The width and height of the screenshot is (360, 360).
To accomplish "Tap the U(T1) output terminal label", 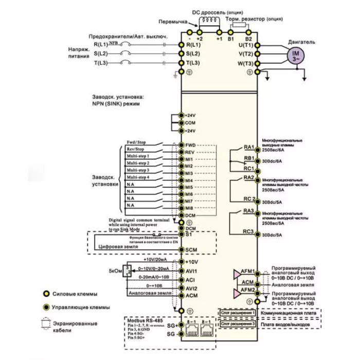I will pyautogui.click(x=245, y=45).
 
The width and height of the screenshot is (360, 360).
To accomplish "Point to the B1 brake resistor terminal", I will pyautogui.click(x=231, y=39).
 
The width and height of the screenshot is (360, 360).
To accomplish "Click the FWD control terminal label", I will pyautogui.click(x=190, y=145).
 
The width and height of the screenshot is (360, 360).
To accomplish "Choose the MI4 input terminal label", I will pyautogui.click(x=189, y=181).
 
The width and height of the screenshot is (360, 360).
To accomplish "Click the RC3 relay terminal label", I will pyautogui.click(x=249, y=232).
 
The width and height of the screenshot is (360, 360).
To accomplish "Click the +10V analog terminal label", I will pyautogui.click(x=191, y=262).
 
